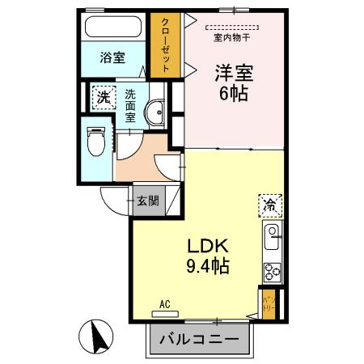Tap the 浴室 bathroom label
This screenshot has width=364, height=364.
(x=113, y=58)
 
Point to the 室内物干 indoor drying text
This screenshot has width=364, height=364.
(x=231, y=37)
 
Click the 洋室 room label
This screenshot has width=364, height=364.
(x=234, y=72)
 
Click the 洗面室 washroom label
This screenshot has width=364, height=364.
(x=130, y=106)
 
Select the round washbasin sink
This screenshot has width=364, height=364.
(x=156, y=112)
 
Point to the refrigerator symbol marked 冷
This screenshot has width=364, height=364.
(x=269, y=205)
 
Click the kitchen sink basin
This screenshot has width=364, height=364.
(x=272, y=239)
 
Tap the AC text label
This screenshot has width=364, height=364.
(x=164, y=304)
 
